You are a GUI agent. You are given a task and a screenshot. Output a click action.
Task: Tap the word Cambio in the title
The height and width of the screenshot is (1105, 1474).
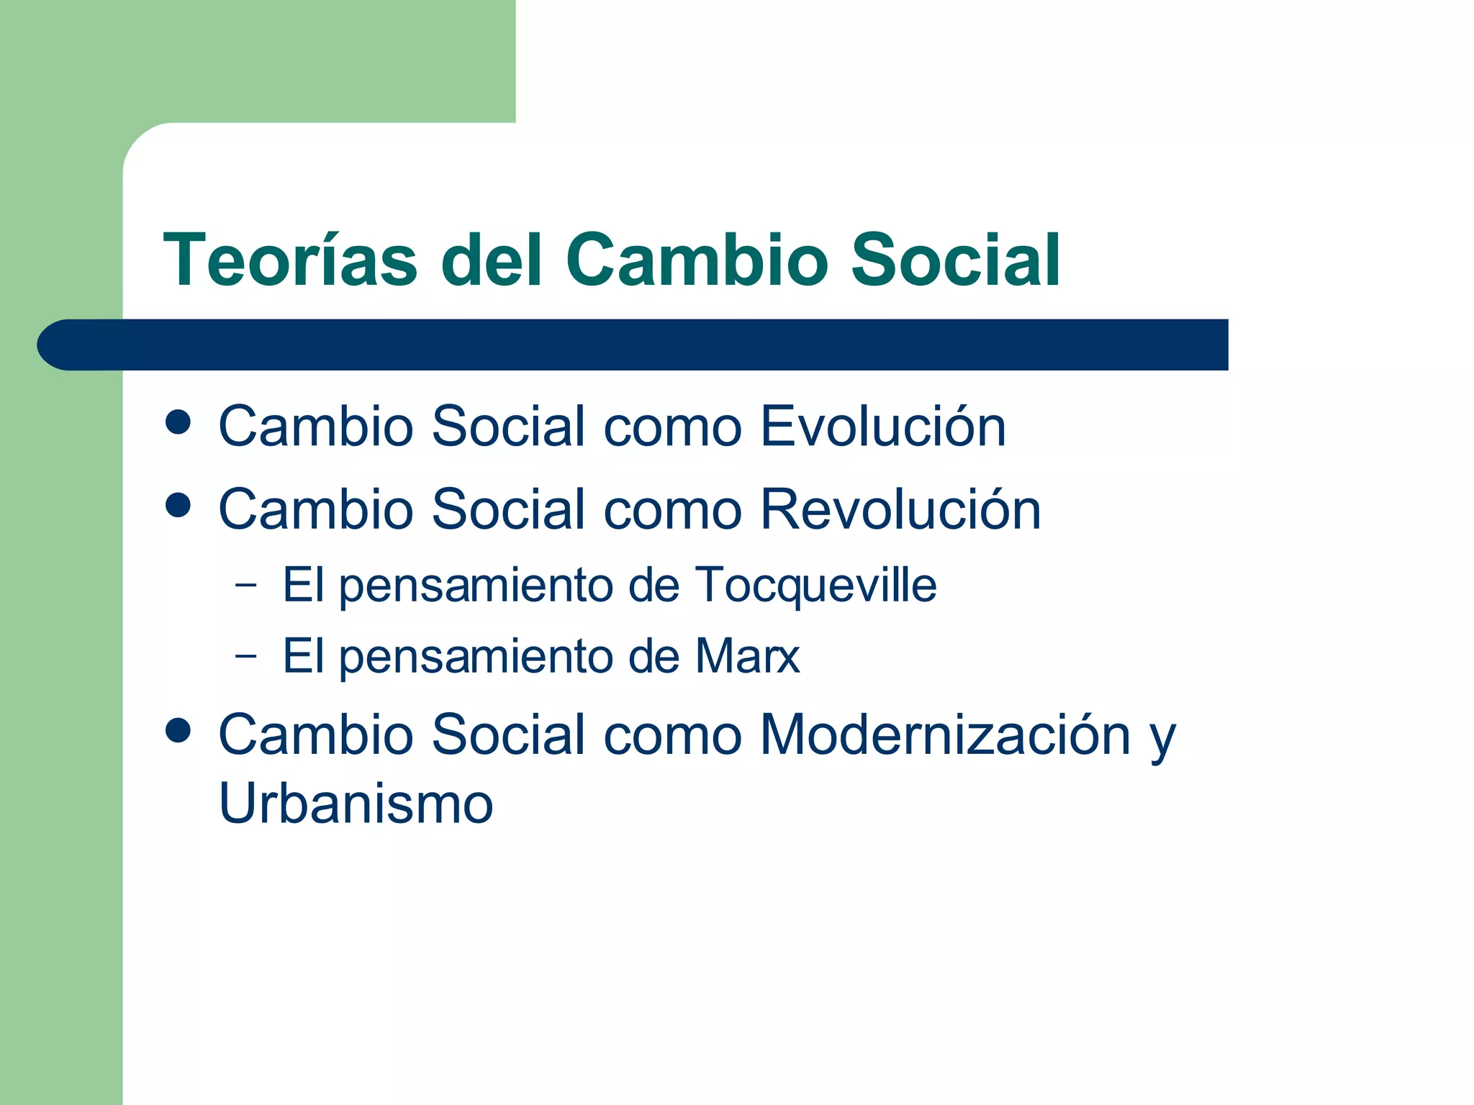tap(697, 260)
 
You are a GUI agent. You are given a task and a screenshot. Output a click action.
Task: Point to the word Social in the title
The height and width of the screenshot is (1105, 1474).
tap(955, 260)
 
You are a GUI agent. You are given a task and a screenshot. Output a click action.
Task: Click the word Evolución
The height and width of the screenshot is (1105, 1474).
tap(882, 427)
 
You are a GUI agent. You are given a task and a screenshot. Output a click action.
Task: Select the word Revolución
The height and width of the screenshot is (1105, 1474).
tap(900, 509)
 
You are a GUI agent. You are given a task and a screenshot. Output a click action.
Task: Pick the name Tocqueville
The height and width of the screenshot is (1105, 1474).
tap(815, 584)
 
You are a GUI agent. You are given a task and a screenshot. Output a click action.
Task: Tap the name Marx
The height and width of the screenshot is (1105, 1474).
tap(747, 656)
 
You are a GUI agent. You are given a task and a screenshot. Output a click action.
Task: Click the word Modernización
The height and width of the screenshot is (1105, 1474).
tap(945, 735)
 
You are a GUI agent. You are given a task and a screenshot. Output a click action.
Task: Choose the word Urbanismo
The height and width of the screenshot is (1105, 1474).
tap(356, 803)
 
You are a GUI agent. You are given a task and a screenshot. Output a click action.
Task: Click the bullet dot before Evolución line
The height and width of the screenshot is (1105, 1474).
tap(178, 422)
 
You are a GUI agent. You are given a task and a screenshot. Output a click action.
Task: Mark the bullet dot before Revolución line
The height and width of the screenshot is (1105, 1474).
tap(178, 505)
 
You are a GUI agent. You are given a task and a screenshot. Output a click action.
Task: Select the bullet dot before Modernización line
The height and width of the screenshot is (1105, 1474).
tap(178, 731)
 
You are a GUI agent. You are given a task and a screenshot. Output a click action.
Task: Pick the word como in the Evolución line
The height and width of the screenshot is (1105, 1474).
tap(672, 428)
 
